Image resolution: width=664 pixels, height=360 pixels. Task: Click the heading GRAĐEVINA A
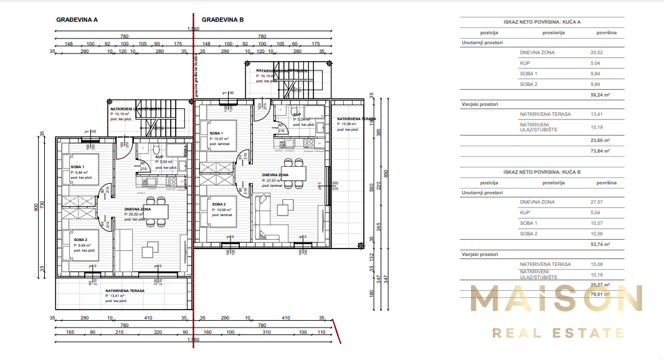tap(77, 20)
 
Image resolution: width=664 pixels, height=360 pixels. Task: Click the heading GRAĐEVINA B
tap(222, 20)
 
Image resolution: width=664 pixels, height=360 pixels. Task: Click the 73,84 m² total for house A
tap(600, 151)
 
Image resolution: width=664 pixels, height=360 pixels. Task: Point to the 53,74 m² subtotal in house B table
tap(600, 245)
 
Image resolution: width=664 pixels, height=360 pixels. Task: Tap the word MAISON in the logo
tap(556, 300)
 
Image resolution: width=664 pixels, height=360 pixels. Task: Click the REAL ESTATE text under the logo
tap(558, 333)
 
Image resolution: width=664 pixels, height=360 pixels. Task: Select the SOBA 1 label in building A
tap(78, 168)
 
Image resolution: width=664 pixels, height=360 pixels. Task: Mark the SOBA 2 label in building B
tap(218, 204)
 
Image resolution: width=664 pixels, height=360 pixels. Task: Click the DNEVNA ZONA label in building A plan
tap(137, 209)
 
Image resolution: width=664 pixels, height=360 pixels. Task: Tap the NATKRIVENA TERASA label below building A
tap(125, 290)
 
